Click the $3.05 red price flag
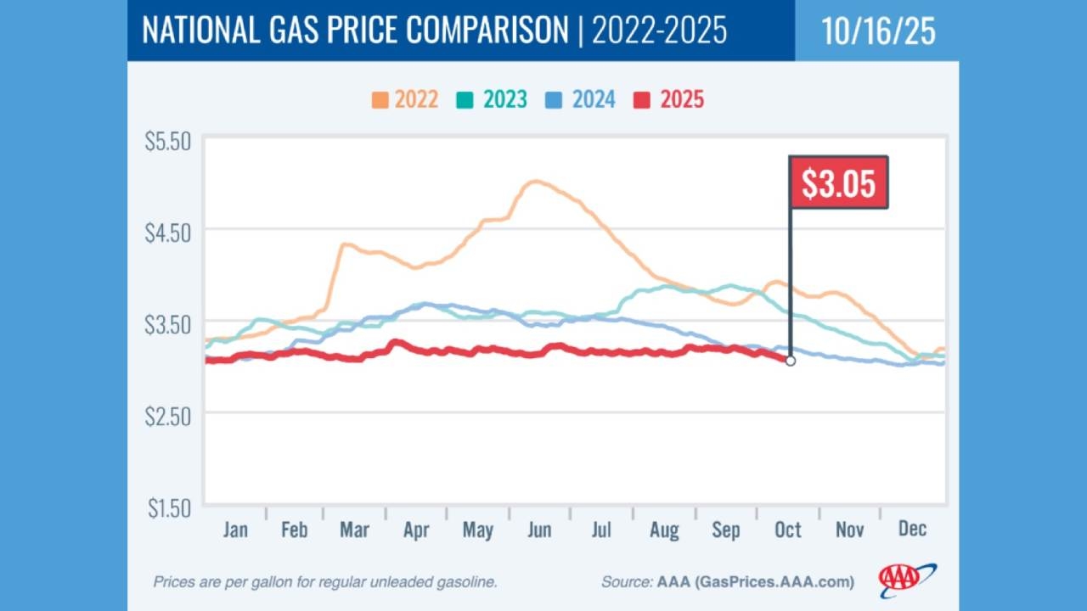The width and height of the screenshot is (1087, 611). [838, 182]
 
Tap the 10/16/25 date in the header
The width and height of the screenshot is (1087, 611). [878, 31]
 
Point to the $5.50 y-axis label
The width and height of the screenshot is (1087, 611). [168, 141]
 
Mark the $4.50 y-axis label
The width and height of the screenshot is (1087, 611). [168, 232]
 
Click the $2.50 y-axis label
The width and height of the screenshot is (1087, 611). [168, 415]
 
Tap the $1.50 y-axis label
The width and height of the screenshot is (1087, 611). [168, 507]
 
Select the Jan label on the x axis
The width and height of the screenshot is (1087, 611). [235, 530]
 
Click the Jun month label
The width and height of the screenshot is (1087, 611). [539, 530]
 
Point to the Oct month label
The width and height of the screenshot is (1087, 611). [788, 530]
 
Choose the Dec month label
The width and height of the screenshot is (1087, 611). [911, 530]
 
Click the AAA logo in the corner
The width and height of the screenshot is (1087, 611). [907, 580]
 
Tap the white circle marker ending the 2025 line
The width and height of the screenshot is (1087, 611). [791, 361]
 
